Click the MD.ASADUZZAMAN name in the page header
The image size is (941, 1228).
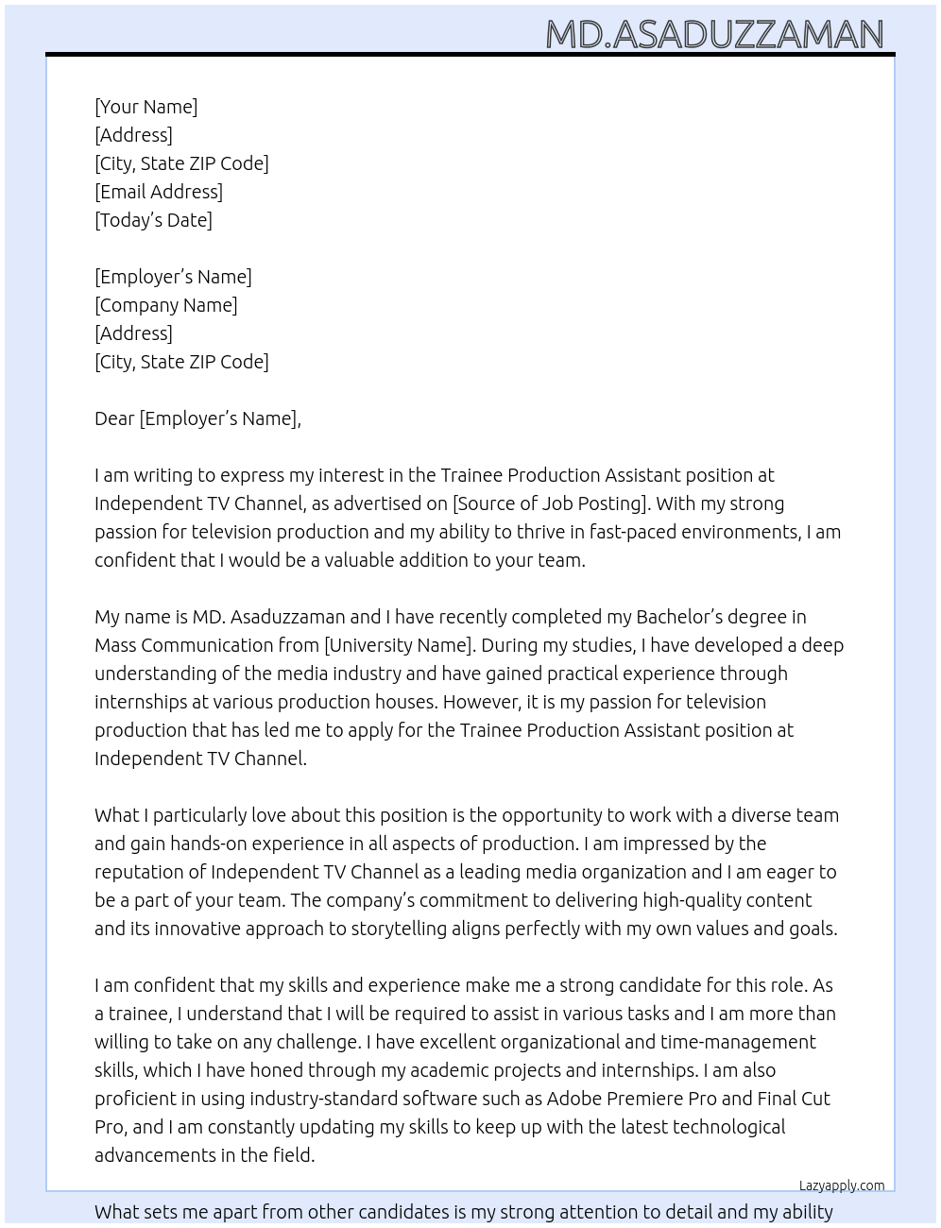[714, 35]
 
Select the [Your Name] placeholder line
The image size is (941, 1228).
[145, 107]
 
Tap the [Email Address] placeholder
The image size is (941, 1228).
[159, 192]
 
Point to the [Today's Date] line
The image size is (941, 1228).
[153, 220]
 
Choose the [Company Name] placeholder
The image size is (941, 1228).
[165, 305]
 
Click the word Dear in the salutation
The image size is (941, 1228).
[114, 418]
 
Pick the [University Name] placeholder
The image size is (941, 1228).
[398, 645]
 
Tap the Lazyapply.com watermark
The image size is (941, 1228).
[842, 1185]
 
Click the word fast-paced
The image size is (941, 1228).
[634, 532]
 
